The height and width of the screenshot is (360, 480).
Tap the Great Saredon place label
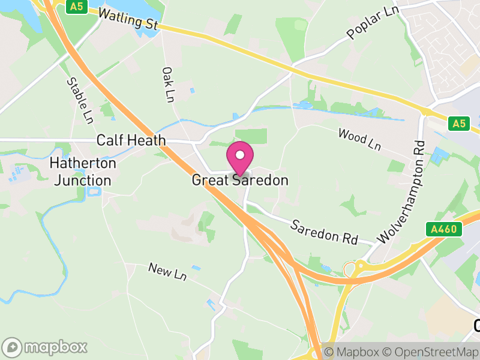click(x=240, y=180)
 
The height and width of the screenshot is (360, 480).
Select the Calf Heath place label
click(x=131, y=140)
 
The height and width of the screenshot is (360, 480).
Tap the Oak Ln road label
click(x=168, y=83)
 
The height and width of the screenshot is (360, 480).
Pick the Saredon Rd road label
click(x=324, y=232)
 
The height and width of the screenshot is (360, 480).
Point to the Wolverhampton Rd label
click(x=401, y=192)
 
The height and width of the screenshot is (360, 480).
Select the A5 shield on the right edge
click(x=459, y=124)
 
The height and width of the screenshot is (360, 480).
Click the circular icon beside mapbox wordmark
click(x=13, y=347)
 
